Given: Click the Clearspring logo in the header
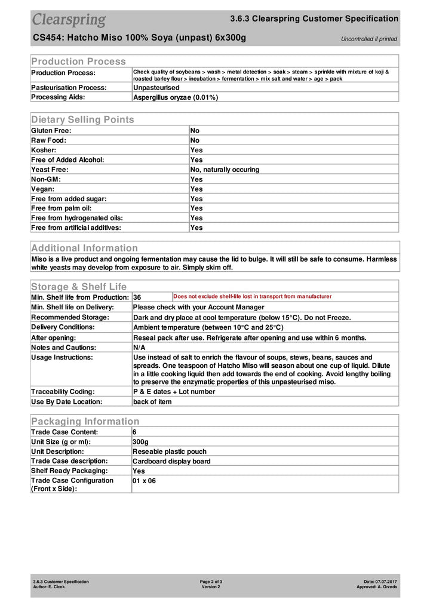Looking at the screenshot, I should click(x=69, y=19).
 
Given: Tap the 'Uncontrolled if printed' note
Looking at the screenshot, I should click(x=368, y=39).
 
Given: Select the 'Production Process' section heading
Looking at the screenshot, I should click(x=78, y=61).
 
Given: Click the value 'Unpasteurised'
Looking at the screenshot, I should click(x=156, y=87).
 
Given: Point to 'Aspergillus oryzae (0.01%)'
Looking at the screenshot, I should click(x=175, y=97).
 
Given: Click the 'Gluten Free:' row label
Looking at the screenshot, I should click(x=51, y=130).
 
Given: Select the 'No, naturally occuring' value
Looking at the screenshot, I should click(x=225, y=170).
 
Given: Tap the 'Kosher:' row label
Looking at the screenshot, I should click(x=44, y=150).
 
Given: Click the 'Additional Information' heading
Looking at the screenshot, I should click(x=84, y=248).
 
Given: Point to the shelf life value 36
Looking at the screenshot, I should click(x=137, y=297).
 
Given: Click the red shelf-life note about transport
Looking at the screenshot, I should click(x=252, y=296).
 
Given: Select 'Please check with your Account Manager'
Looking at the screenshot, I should click(x=198, y=307).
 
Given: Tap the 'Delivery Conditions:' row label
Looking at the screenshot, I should click(x=63, y=327).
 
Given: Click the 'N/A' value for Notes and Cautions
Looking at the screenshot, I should click(x=139, y=348).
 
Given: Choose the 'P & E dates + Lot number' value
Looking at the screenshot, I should click(x=174, y=392).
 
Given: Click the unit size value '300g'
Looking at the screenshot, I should click(x=140, y=441).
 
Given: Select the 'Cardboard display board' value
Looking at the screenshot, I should click(x=171, y=461).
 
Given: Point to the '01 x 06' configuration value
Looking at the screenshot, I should click(x=144, y=480).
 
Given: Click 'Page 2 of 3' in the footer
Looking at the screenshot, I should click(x=211, y=581).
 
